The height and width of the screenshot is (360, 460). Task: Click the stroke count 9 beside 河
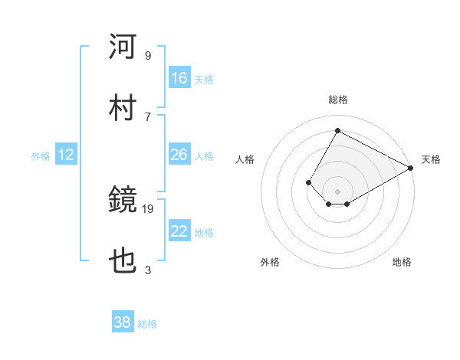point(148,55)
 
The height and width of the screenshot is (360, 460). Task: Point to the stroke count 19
point(149,208)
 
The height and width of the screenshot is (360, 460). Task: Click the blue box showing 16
point(179,78)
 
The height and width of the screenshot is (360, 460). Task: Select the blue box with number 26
point(179,155)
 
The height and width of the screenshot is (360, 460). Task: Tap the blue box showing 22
point(179,231)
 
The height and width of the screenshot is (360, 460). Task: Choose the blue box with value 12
point(66,155)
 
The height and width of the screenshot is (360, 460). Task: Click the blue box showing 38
point(123,323)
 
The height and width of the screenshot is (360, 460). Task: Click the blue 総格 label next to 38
point(147,324)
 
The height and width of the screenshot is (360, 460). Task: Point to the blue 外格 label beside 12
point(41,155)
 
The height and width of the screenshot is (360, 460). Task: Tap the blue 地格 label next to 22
point(204,232)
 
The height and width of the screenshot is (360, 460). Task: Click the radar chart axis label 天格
point(431,159)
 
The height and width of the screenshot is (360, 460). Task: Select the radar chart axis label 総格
point(337,100)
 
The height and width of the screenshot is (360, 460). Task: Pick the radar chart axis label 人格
point(245,159)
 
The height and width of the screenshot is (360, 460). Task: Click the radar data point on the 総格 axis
point(337,130)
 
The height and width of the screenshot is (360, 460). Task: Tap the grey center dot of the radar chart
point(337,191)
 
